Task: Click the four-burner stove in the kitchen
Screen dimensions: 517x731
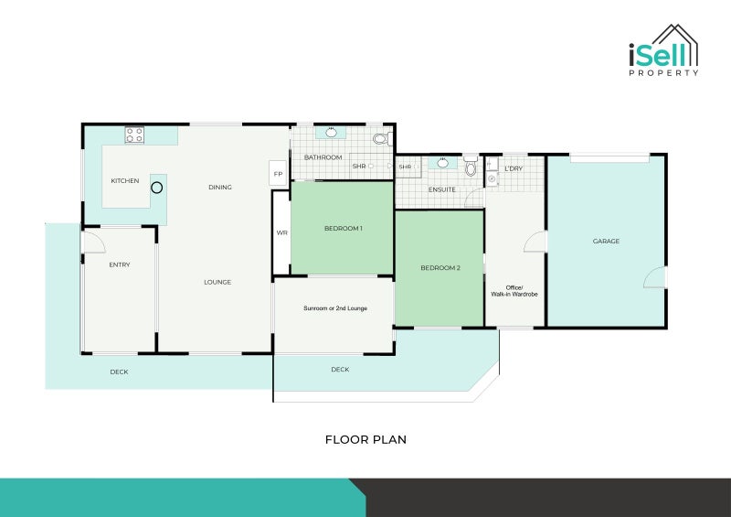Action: tap(134, 135)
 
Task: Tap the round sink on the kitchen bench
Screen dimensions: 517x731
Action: tap(157, 188)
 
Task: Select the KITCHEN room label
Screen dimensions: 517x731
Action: tap(125, 181)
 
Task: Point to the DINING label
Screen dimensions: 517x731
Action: tap(220, 188)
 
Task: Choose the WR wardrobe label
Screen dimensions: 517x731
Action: tap(282, 233)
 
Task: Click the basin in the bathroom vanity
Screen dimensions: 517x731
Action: tap(332, 134)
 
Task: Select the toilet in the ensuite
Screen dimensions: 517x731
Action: tap(471, 167)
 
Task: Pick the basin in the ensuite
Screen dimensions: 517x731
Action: tap(443, 163)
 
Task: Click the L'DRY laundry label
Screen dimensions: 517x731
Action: tap(514, 169)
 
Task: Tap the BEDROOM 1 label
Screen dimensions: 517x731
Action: tap(344, 228)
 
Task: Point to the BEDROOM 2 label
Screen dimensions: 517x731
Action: tap(440, 268)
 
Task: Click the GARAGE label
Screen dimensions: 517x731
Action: tap(606, 242)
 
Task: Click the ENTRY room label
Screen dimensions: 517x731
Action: tap(120, 265)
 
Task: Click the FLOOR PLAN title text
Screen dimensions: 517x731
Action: tap(365, 440)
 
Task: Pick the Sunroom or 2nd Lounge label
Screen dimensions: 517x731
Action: tap(335, 308)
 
